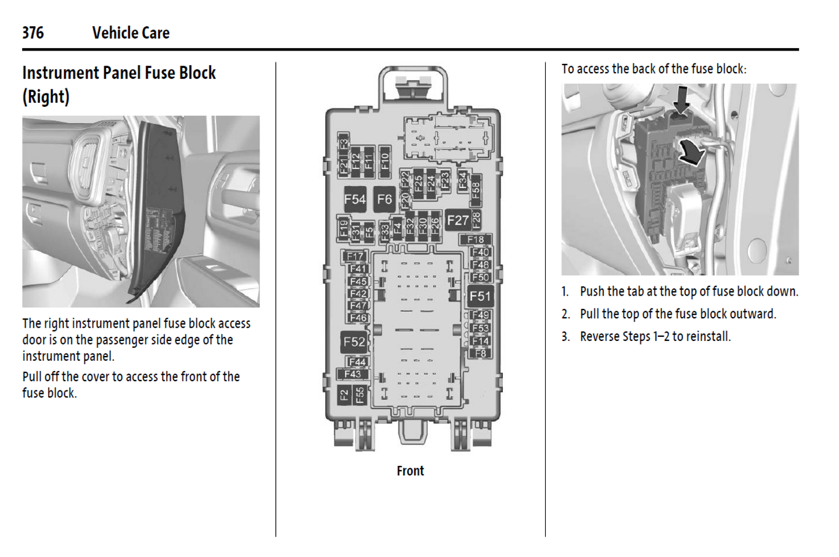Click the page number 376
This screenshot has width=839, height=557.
33,33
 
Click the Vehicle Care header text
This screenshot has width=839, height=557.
131,33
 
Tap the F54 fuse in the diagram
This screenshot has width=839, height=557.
355,200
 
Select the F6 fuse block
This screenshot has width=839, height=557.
384,200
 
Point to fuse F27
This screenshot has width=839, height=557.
458,221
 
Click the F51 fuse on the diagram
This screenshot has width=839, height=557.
480,296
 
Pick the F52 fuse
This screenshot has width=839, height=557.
354,342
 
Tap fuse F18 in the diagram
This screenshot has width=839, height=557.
476,239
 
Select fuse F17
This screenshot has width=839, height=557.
355,256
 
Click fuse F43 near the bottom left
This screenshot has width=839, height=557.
352,374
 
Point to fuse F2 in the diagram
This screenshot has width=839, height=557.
344,395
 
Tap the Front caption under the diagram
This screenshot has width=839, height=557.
410,471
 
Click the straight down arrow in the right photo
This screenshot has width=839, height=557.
682,99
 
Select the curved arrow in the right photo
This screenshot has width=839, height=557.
692,152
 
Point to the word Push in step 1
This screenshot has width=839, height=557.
592,292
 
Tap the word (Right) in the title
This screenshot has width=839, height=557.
46,96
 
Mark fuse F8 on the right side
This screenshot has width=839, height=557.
481,353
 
